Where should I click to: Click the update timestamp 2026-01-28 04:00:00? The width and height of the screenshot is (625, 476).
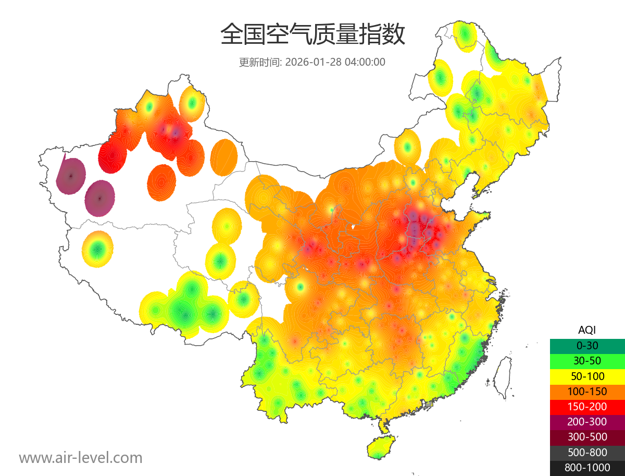tap(335, 62)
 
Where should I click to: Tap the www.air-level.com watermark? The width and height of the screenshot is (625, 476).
tap(81, 458)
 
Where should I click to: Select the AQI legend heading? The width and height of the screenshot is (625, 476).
tap(587, 329)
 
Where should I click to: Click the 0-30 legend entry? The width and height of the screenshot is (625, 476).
tap(587, 346)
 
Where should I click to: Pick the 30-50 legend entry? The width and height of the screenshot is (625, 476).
tap(587, 361)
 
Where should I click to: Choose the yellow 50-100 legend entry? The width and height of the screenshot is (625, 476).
tap(587, 376)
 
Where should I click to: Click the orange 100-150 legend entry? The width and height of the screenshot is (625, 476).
tap(587, 391)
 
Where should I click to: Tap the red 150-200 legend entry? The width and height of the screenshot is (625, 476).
tap(587, 407)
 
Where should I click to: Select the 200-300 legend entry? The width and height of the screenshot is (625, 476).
tap(587, 422)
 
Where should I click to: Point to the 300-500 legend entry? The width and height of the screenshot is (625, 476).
tap(587, 437)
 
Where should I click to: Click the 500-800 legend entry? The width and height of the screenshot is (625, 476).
tap(587, 453)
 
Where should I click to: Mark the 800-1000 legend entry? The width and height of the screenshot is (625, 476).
tap(587, 468)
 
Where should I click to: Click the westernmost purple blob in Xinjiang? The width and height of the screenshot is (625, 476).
tap(71, 176)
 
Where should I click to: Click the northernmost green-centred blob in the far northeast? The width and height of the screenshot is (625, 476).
tap(464, 35)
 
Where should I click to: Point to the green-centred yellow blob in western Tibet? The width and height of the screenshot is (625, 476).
tap(97, 249)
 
